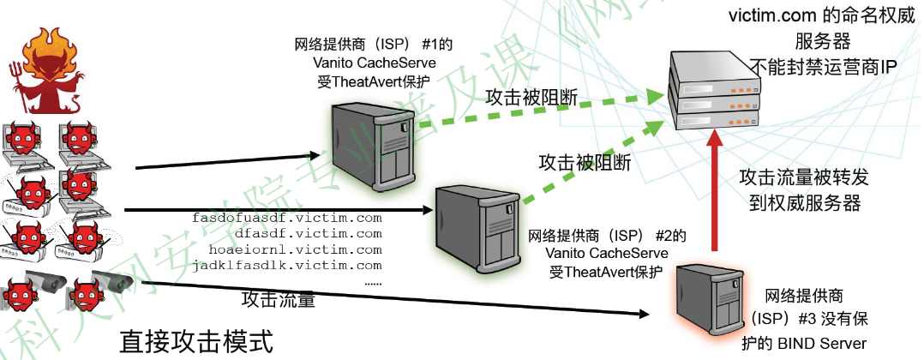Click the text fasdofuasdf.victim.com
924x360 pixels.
[286, 219]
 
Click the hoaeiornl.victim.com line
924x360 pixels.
[295, 250]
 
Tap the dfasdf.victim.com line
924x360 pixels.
[295, 234]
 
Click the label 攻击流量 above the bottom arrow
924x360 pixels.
[278, 301]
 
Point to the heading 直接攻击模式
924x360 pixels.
[196, 343]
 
